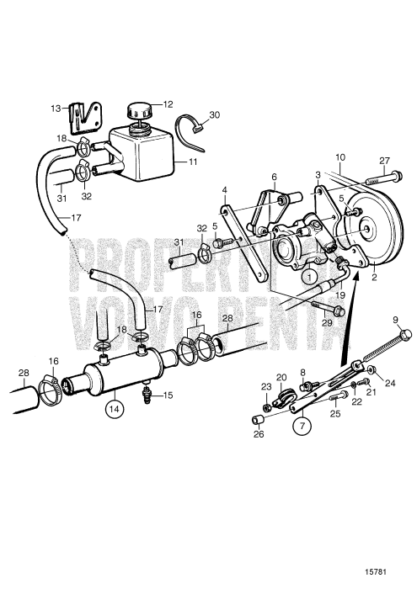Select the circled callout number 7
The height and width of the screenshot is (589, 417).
click(x=300, y=426)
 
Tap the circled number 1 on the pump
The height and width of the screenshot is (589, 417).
click(x=310, y=275)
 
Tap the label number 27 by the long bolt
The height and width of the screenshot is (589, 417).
click(x=385, y=162)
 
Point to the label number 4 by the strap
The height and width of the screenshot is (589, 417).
click(x=225, y=191)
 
